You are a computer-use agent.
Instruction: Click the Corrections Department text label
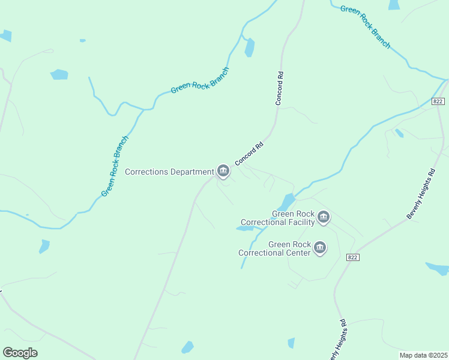pos(169,172)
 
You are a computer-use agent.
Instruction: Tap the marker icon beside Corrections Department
pos(223,171)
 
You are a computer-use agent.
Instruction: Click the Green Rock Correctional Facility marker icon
pos(324,217)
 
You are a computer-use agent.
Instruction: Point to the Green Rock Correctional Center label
pos(275,248)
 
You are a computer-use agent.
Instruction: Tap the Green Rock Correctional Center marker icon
pos(320,247)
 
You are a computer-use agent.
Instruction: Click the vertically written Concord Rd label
pos(279,89)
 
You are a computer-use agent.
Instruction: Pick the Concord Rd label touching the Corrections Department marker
pos(249,154)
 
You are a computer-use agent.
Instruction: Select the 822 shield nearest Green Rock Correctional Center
pos(353,257)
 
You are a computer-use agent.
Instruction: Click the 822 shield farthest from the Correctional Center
pos(438,101)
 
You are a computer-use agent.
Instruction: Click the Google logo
pos(20,353)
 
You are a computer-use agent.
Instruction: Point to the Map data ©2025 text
pos(423,355)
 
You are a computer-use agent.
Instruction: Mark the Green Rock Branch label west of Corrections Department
pos(115,166)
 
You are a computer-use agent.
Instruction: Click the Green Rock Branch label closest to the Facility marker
pos(200,80)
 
